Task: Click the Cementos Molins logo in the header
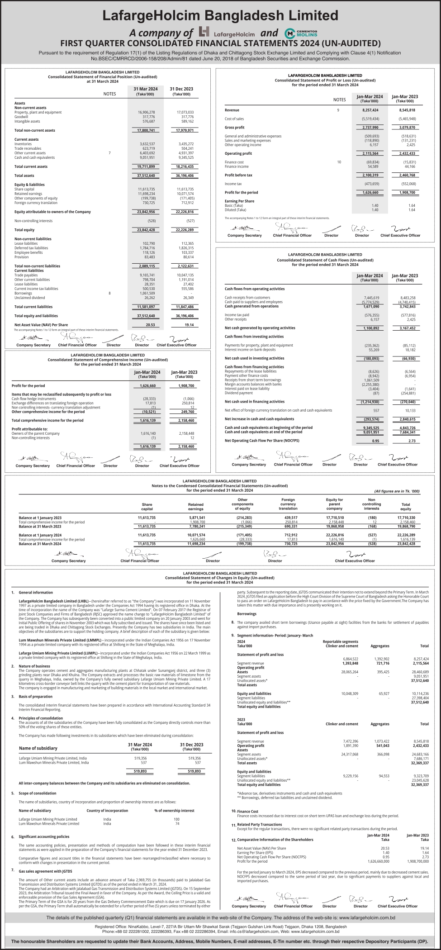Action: [301, 33]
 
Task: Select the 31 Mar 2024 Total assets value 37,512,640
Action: [146, 176]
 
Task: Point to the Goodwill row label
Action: [21, 117]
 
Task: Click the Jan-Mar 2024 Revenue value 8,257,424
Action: [370, 110]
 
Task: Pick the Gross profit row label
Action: [234, 128]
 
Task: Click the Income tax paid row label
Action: [237, 315]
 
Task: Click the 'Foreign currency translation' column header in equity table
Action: [288, 504]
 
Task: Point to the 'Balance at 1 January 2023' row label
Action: [40, 518]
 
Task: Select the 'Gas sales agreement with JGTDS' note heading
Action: [45, 871]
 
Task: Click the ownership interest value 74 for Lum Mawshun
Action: [177, 823]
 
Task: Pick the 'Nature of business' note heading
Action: [34, 666]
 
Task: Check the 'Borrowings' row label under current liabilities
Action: [23, 293]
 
